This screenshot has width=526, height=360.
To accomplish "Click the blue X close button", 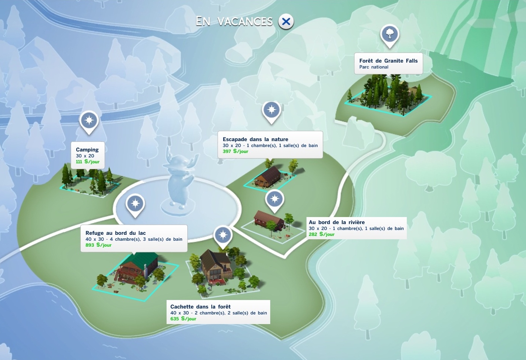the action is pos(286,22).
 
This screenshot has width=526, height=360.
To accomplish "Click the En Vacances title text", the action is pos(234,21).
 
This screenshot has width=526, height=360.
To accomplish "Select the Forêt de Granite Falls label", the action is pos(388,61).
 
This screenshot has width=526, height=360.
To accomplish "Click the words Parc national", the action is pos(373,67).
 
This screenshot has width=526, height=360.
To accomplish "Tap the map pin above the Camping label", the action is pos(89,121).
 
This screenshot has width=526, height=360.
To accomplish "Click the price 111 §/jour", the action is pos(88,162).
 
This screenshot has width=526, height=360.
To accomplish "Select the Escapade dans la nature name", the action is pos(255,139).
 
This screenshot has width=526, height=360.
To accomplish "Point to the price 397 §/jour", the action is pos(235,151).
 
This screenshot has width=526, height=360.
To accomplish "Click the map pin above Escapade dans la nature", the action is pos(272,110).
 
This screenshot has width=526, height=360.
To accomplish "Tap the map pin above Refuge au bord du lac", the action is pos(135,204).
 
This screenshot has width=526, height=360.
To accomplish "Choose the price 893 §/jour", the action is pos(98,245).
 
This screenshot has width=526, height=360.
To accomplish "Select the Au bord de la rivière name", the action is pos(337,222).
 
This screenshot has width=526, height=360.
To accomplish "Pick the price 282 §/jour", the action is pos(322,234).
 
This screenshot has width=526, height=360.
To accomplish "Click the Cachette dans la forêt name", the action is pos(200,307).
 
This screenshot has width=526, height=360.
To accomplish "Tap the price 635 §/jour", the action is pos(183,319).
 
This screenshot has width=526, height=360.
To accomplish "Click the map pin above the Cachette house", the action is pos(223,235).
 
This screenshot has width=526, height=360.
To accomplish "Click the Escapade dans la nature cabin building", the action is pos(269,176).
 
